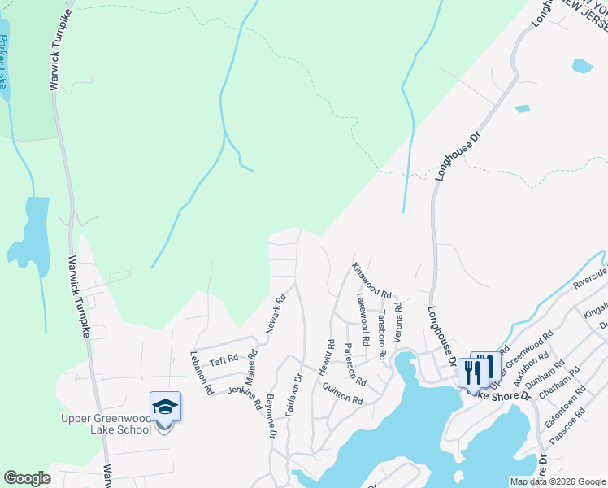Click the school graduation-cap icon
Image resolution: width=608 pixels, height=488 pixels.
point(165,406)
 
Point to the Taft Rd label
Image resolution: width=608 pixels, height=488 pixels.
point(224,359)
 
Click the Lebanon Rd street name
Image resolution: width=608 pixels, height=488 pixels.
point(201,373)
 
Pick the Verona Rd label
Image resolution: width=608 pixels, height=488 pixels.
point(397,321)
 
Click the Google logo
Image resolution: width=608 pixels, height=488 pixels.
point(27,478)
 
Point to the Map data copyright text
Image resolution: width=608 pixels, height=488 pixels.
point(558,481)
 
